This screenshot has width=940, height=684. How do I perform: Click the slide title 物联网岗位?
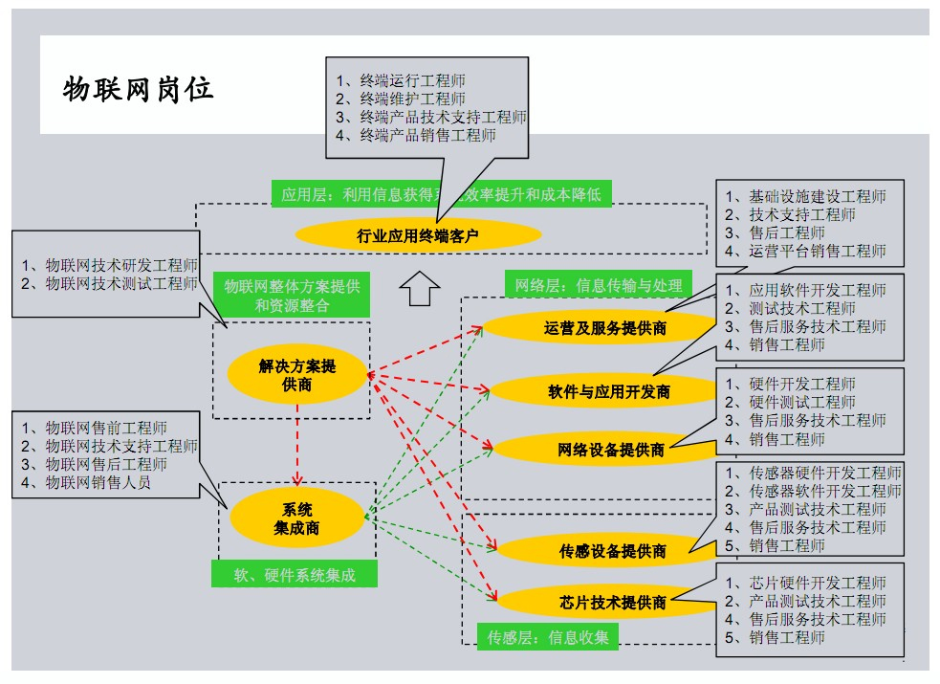(x=138, y=89)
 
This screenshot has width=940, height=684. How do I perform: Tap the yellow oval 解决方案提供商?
(x=297, y=375)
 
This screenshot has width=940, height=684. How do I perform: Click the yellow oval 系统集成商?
(x=296, y=519)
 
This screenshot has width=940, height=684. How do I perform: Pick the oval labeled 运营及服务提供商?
(x=604, y=328)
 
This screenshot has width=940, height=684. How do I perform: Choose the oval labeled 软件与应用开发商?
(x=608, y=391)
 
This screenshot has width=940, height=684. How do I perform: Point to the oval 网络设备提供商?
(x=610, y=450)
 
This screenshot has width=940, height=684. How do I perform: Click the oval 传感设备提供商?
(x=612, y=551)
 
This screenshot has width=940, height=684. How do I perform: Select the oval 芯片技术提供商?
(x=612, y=603)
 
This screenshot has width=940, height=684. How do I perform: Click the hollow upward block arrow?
(x=418, y=288)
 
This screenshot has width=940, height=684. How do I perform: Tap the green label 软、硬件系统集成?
(x=294, y=574)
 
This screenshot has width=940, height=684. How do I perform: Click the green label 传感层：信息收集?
(x=547, y=636)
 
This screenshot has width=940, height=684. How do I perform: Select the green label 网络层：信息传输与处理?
(x=598, y=284)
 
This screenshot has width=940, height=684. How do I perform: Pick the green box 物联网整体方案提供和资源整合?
(x=292, y=296)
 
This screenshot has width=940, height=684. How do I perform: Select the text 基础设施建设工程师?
(x=805, y=197)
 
